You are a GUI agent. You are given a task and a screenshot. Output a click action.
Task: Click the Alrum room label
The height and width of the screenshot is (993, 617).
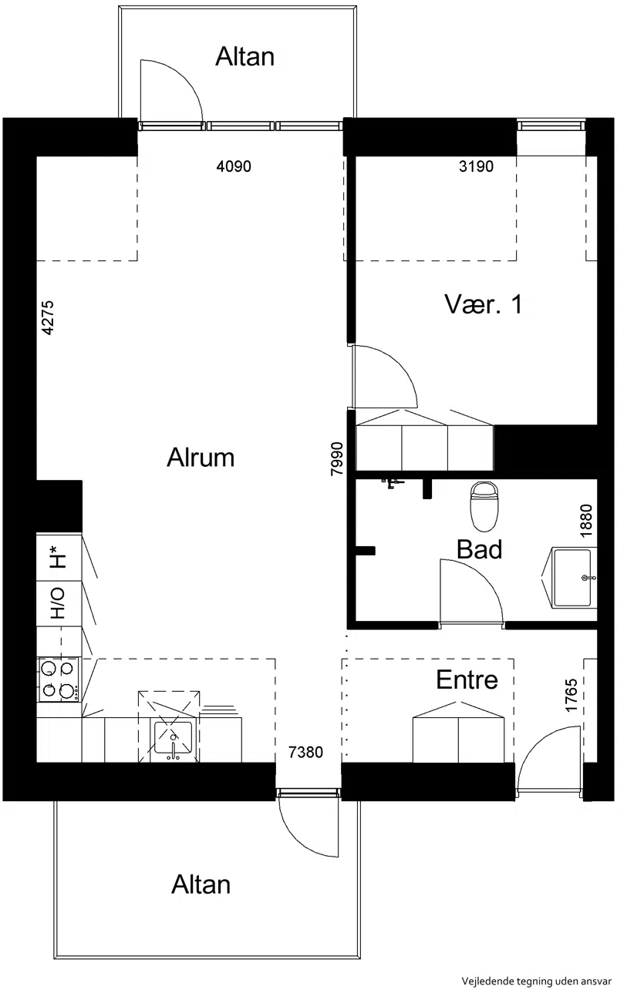point(201,458)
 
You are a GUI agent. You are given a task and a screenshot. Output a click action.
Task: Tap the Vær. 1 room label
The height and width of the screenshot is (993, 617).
point(484,304)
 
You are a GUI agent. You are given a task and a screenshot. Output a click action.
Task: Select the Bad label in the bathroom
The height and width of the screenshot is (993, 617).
point(480,549)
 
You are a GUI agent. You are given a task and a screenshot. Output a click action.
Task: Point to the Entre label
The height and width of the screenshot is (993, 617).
point(467,679)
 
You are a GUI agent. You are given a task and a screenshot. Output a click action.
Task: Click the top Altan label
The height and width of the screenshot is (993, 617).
point(245,57)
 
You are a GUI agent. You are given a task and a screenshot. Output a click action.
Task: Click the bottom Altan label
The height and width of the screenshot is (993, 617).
point(201,884)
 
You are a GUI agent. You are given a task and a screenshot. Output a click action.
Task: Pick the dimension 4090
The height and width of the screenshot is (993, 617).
point(234,166)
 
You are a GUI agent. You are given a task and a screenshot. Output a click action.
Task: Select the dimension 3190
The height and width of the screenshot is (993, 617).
point(476,166)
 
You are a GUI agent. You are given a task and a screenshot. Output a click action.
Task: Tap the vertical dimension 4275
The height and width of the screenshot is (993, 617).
point(47,318)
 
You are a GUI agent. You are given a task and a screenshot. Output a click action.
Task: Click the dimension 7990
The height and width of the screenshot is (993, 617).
point(337,458)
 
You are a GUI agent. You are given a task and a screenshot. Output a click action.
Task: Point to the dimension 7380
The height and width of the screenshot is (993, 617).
point(306,753)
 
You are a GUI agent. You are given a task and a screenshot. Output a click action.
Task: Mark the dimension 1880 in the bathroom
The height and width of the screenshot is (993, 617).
point(586,521)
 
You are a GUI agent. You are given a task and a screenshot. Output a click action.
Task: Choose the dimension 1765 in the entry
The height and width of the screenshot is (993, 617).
point(571,695)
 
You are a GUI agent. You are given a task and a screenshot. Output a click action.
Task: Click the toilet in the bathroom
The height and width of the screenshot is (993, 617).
point(484,507)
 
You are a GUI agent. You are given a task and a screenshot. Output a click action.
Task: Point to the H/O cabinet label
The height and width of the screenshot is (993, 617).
point(58,603)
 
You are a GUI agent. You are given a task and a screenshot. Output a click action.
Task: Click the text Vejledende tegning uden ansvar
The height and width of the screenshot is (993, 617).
point(536,981)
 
